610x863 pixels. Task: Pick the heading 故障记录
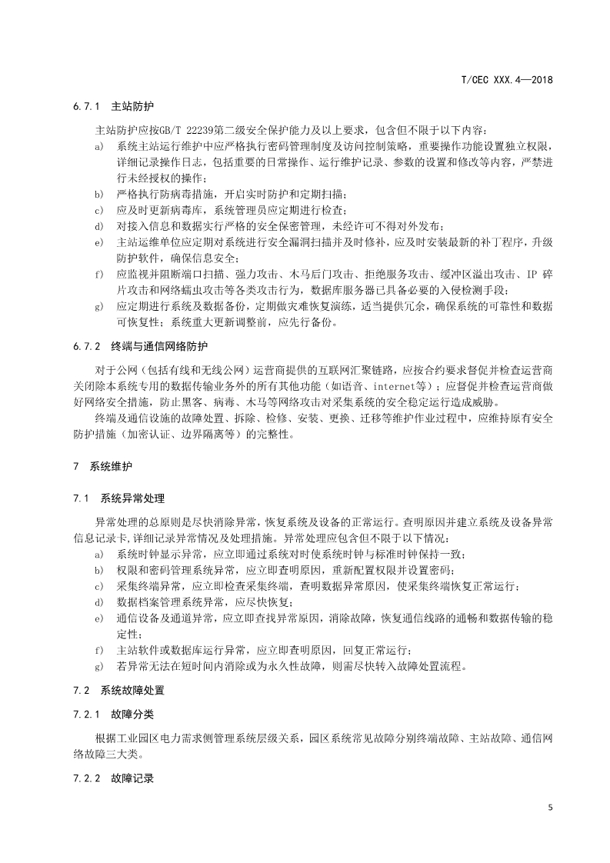[x=132, y=778]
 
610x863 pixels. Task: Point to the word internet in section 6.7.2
[x=372, y=386]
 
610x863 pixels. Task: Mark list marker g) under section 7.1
[x=98, y=665]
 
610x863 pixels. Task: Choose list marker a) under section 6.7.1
[x=98, y=145]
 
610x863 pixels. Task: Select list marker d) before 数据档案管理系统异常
[x=98, y=601]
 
